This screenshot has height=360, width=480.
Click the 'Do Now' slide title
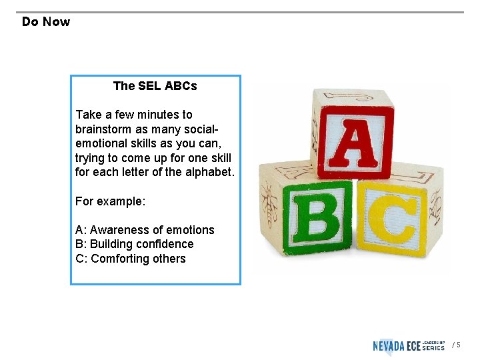tap(45, 22)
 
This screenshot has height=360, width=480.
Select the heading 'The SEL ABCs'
tap(155, 86)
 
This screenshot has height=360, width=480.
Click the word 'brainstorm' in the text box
tap(104, 129)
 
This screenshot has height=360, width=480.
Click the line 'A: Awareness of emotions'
tap(145, 230)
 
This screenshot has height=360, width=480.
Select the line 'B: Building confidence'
tap(134, 244)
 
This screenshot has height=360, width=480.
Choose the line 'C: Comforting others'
tap(131, 259)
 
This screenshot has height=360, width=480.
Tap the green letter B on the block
tap(317, 216)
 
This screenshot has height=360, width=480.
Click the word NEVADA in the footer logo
tap(389, 345)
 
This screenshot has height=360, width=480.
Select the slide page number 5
tap(458, 345)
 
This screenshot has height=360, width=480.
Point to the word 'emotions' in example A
tap(193, 230)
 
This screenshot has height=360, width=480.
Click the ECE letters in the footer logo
tap(413, 345)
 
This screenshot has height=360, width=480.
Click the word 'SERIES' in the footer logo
tap(433, 348)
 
